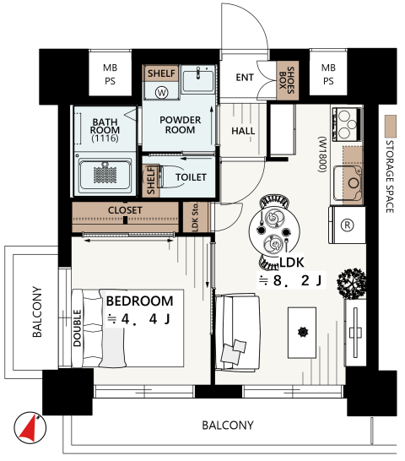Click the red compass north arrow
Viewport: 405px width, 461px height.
[x=29, y=430]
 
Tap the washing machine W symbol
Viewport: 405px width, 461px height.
[x=162, y=93]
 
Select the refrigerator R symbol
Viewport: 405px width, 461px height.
[x=347, y=225]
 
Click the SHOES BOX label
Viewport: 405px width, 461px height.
[x=287, y=80]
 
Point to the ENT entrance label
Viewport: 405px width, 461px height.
[x=245, y=78]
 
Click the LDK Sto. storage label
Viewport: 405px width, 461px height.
[x=196, y=217]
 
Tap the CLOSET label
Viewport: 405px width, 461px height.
[x=125, y=210]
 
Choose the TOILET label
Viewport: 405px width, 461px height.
[x=191, y=177]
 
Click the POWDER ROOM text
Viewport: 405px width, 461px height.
[x=181, y=125]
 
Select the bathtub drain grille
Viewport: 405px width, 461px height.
[x=105, y=175]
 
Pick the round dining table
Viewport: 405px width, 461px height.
[x=274, y=230]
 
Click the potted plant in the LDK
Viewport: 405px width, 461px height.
[x=352, y=284]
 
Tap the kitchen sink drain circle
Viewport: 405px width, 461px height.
[x=354, y=183]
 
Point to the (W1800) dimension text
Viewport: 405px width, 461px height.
[x=322, y=154]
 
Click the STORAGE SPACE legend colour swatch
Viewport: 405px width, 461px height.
[x=391, y=126]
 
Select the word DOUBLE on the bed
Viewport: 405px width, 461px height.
[x=77, y=328]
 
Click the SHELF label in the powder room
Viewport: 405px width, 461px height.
[x=161, y=73]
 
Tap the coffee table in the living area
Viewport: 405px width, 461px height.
[x=302, y=333]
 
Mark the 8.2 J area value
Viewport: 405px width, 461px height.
[x=298, y=280]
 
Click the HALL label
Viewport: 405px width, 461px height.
[x=243, y=131]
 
